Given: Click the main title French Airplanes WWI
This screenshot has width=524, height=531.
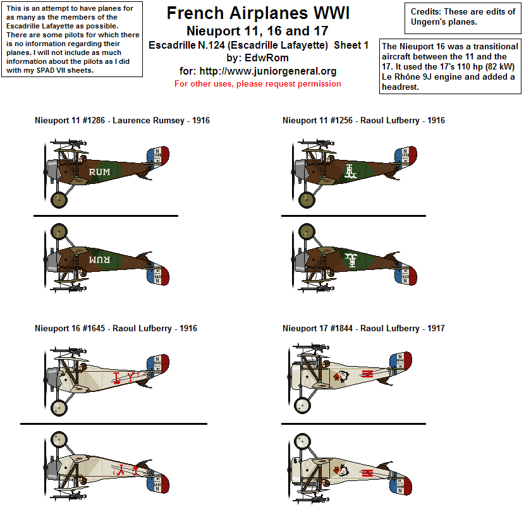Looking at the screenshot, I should (x=258, y=13).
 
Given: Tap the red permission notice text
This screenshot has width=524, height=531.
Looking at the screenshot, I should (x=258, y=84).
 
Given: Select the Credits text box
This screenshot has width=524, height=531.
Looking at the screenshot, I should (x=463, y=17).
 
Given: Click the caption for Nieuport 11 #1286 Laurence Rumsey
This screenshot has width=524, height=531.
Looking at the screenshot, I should (x=122, y=120).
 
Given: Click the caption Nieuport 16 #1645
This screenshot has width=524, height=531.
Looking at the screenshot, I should (x=116, y=328).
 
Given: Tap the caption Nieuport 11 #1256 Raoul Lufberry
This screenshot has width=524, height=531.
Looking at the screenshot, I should (x=363, y=120).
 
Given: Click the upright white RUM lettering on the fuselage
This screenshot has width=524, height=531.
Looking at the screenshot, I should (x=99, y=171).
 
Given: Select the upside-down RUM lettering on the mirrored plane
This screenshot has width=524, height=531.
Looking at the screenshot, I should (x=99, y=260).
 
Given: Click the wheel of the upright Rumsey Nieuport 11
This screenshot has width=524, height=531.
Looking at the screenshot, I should (x=59, y=200).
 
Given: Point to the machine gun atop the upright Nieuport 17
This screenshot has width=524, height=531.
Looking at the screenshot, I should (x=314, y=346).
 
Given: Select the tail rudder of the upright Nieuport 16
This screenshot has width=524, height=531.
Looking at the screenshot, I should (x=159, y=363).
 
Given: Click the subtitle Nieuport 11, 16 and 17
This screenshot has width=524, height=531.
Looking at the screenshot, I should (x=258, y=31).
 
